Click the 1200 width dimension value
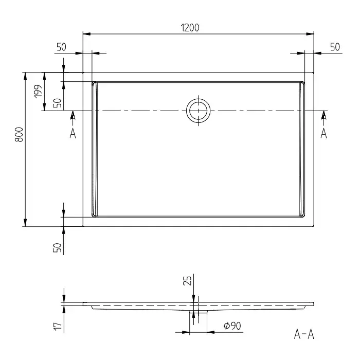[x=190, y=28]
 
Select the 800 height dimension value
[x=19, y=135]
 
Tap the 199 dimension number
[x=39, y=92]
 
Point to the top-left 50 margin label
[x=61, y=47]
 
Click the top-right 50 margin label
[x=335, y=47]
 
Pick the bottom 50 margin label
[x=58, y=248]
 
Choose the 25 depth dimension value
[x=187, y=281]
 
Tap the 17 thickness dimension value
[x=58, y=326]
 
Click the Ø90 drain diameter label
[x=232, y=326]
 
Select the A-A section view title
[x=304, y=334]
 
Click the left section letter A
[x=73, y=133]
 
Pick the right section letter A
[x=323, y=133]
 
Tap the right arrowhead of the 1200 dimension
[x=310, y=34]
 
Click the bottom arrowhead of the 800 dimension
[x=25, y=223]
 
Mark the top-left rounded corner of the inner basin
[x=93, y=83]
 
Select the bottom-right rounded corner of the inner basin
[x=303, y=215]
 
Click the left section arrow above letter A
[x=73, y=118]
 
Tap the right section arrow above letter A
[x=323, y=118]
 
